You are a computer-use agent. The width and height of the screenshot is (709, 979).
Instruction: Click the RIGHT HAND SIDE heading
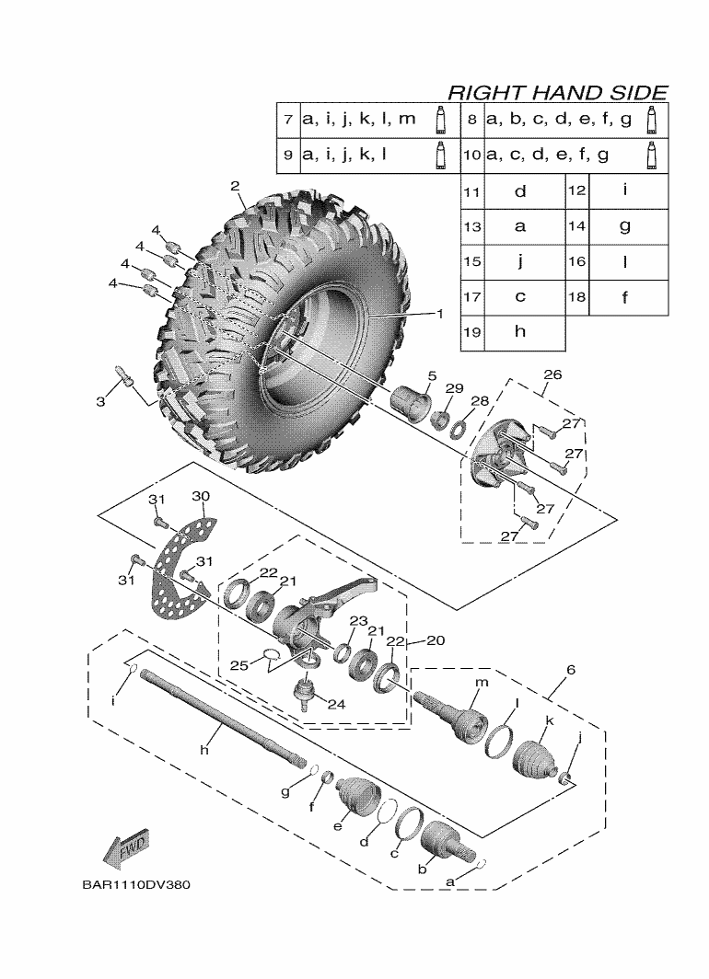tap(557, 92)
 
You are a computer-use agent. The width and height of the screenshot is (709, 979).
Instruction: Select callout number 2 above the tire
tap(235, 186)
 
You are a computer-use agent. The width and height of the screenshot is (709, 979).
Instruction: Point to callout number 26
tap(552, 374)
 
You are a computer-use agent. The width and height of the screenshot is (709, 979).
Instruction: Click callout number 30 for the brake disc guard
tap(201, 496)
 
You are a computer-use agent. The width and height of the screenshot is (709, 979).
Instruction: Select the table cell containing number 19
tap(472, 332)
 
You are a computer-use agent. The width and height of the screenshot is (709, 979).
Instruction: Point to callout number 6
tap(571, 669)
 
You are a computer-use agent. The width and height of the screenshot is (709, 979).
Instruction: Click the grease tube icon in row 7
tap(441, 121)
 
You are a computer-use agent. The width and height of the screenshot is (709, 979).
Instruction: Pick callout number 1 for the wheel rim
tap(439, 313)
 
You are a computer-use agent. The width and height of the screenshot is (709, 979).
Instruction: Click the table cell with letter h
tap(520, 332)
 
